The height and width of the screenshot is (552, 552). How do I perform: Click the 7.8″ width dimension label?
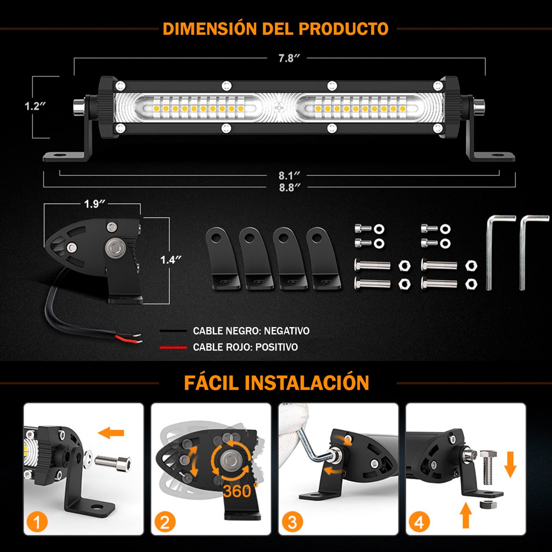point(289,58)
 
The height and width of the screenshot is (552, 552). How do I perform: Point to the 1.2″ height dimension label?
point(35,106)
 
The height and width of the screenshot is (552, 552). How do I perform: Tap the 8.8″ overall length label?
point(290,187)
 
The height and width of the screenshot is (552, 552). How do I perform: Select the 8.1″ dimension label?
point(289,176)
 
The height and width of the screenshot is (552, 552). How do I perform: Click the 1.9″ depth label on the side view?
point(95,204)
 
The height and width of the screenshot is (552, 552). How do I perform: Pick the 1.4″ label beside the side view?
point(171,260)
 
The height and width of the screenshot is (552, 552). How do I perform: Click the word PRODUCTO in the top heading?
point(343,29)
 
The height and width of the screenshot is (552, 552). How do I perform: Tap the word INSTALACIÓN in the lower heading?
point(307,382)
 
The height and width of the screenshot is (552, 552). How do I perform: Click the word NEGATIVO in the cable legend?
point(286,331)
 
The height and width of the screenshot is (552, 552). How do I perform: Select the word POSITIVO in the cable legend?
point(276,347)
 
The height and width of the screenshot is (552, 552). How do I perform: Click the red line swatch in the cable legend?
point(173,347)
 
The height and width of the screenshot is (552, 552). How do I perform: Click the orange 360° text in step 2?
point(241,490)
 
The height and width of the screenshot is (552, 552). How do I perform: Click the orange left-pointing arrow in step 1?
point(111,433)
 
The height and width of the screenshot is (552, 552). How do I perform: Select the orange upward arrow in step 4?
point(465,515)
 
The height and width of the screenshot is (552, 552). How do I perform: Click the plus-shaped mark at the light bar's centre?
point(279,108)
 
